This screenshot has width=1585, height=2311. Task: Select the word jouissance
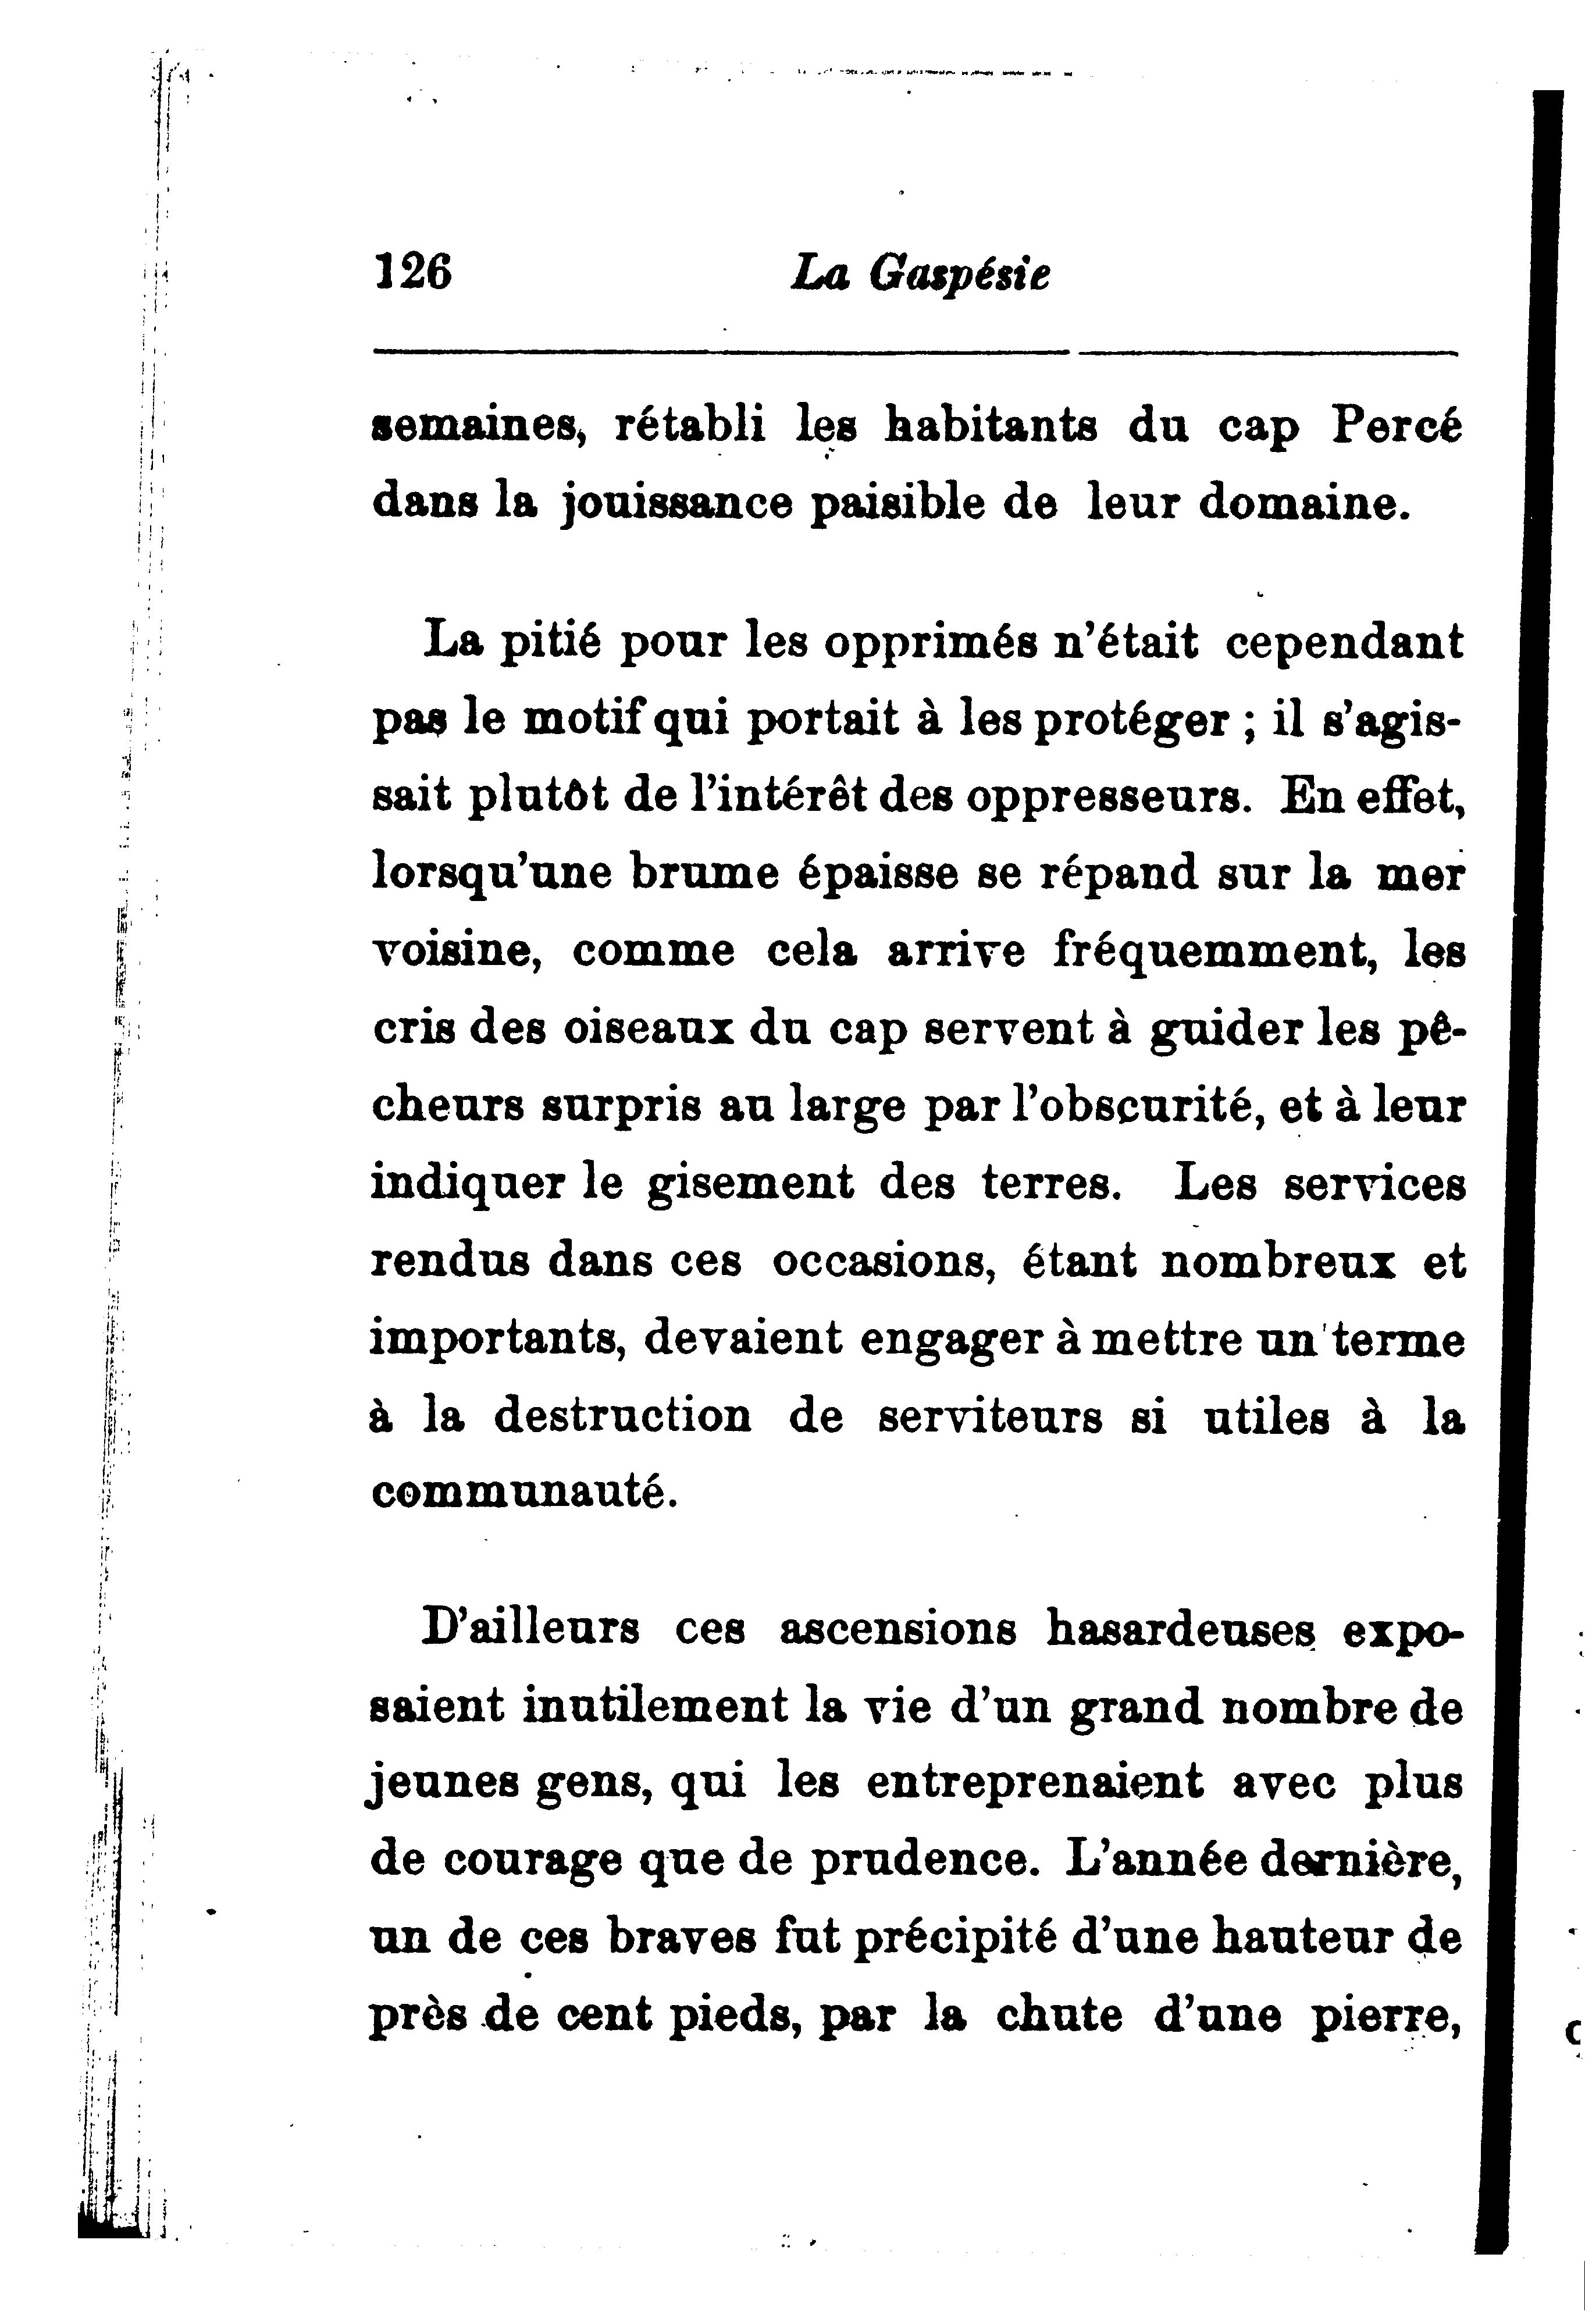point(676,504)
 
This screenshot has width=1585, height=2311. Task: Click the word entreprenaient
point(1034,1783)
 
